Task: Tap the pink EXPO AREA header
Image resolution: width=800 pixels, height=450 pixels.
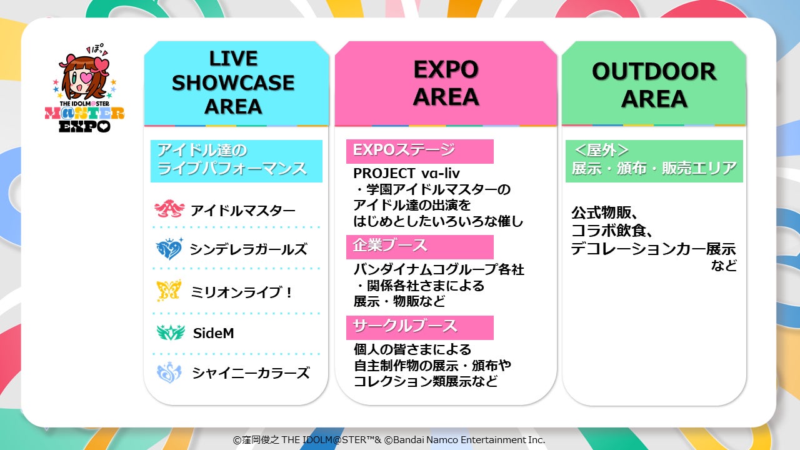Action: [446, 83]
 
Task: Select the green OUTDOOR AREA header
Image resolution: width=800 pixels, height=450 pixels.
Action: [654, 83]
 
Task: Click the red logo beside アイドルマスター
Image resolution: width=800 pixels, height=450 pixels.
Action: [169, 209]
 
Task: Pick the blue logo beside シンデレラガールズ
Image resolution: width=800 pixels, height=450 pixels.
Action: [169, 249]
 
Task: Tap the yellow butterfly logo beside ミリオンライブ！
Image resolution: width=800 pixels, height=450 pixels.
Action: [169, 291]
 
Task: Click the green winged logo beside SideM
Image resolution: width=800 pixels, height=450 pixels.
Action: [171, 332]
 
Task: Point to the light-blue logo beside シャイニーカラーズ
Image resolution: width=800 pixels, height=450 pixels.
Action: [169, 372]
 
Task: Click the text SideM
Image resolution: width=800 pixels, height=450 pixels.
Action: [213, 333]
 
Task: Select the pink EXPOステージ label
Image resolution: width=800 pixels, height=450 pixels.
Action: [419, 151]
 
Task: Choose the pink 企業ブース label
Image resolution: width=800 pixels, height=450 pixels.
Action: [419, 247]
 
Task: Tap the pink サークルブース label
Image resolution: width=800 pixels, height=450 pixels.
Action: [419, 327]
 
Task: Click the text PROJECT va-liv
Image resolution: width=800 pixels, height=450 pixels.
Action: [406, 174]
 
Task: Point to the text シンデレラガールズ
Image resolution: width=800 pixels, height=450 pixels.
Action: [248, 249]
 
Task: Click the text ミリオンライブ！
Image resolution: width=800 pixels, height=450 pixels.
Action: [241, 292]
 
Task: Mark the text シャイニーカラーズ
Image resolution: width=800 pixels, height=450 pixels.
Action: [251, 373]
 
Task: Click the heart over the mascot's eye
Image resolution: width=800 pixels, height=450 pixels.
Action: [88, 77]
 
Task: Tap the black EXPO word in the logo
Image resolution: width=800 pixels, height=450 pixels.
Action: [84, 126]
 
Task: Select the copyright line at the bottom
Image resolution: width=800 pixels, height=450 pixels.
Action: [389, 439]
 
